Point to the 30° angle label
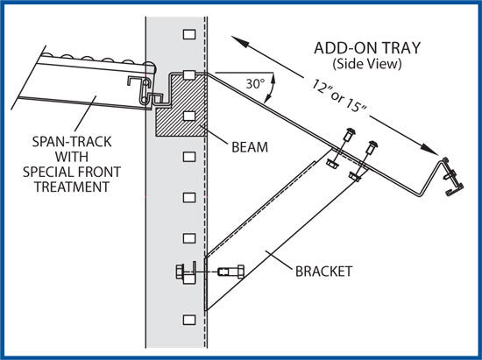[x=255, y=85]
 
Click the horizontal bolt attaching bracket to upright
[x=210, y=272]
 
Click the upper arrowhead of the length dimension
[x=237, y=39]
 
